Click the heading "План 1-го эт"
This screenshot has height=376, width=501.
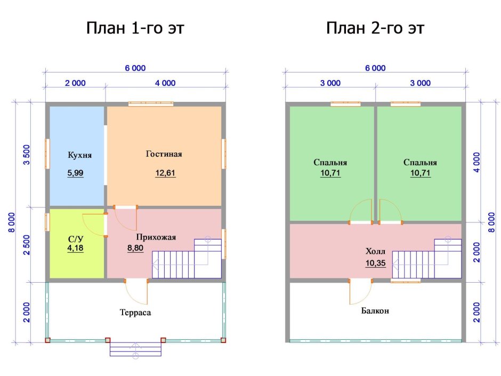[135, 28]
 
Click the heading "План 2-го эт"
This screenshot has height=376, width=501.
[375, 28]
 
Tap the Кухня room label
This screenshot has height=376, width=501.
[80, 155]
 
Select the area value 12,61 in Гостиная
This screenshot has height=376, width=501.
[165, 173]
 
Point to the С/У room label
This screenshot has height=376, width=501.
[76, 239]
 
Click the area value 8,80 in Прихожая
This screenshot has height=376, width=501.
[135, 248]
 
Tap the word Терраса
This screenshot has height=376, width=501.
[135, 313]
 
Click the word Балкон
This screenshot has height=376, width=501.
[375, 311]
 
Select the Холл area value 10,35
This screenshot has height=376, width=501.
[375, 263]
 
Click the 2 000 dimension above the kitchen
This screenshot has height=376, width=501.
[75, 83]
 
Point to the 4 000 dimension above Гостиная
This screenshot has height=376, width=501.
[165, 83]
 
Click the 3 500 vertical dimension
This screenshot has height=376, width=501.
[27, 155]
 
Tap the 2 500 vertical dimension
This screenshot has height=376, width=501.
[27, 245]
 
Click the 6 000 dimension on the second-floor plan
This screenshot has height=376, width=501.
[375, 68]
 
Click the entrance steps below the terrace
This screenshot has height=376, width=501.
[135, 349]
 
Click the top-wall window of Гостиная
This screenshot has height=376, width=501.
[151, 104]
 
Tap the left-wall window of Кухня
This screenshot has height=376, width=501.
[47, 154]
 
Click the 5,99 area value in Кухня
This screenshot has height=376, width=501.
[75, 173]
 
